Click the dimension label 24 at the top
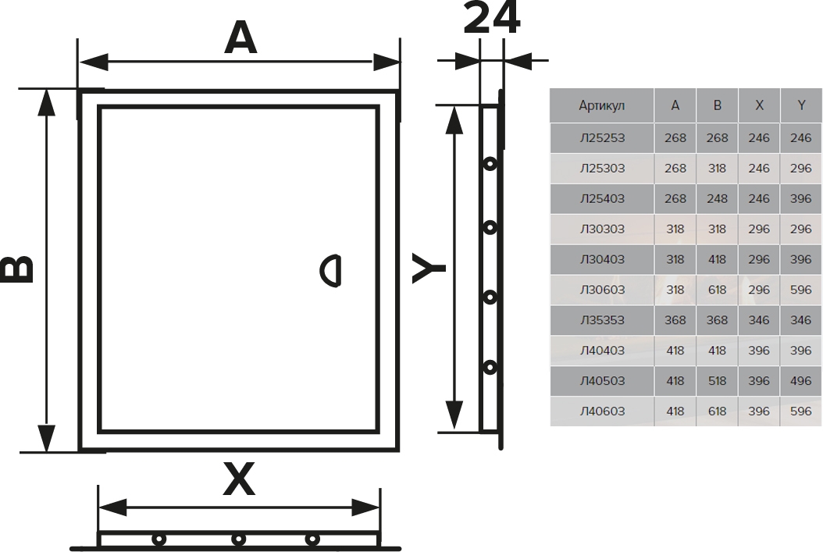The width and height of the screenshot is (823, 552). [x=492, y=18]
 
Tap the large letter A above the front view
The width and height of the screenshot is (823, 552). [x=240, y=39]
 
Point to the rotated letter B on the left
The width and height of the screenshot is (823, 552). [x=17, y=269]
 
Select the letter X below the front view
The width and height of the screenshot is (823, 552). [x=239, y=479]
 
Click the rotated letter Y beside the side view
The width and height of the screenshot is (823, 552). [x=429, y=269]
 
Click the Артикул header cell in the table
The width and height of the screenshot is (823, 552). [x=601, y=105]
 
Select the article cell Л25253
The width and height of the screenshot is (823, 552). [x=602, y=138]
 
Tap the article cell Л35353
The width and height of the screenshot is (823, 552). [x=602, y=320]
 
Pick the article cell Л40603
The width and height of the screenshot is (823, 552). [x=602, y=411]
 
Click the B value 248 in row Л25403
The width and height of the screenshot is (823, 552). [x=717, y=199]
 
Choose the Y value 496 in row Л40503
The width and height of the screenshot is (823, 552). [x=800, y=381]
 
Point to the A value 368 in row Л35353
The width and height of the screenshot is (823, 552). [x=675, y=320]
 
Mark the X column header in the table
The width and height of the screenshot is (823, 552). [x=759, y=105]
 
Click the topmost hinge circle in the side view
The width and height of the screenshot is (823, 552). [x=490, y=164]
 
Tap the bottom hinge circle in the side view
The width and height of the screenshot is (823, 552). [x=490, y=367]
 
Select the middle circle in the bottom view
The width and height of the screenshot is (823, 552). [x=238, y=540]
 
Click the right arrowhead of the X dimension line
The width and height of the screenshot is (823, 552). [x=366, y=507]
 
